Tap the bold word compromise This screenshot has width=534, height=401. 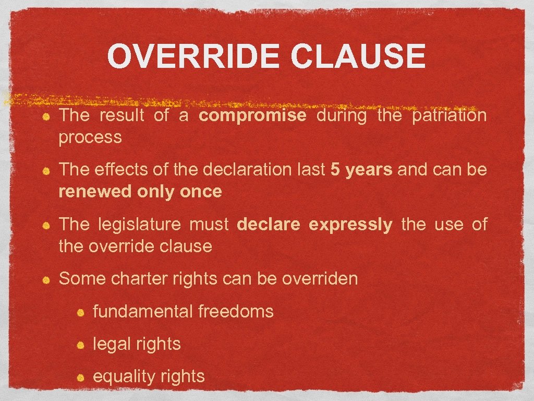[x=252, y=115]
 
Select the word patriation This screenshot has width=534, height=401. [x=449, y=115]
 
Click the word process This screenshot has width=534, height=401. [x=90, y=137]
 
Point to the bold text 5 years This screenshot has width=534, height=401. [x=361, y=170]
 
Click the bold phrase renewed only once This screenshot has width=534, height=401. [x=140, y=192]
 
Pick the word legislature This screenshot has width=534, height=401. [x=139, y=225]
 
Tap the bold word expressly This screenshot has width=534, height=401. [x=350, y=225]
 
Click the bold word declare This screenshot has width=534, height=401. [x=269, y=225]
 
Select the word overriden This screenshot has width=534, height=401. [x=320, y=279]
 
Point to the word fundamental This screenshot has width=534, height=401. [x=143, y=312]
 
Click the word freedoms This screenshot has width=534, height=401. [x=236, y=312]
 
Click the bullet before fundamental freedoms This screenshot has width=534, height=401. [x=81, y=312]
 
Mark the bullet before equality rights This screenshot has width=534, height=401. [x=81, y=377]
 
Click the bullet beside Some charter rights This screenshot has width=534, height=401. [x=46, y=279]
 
